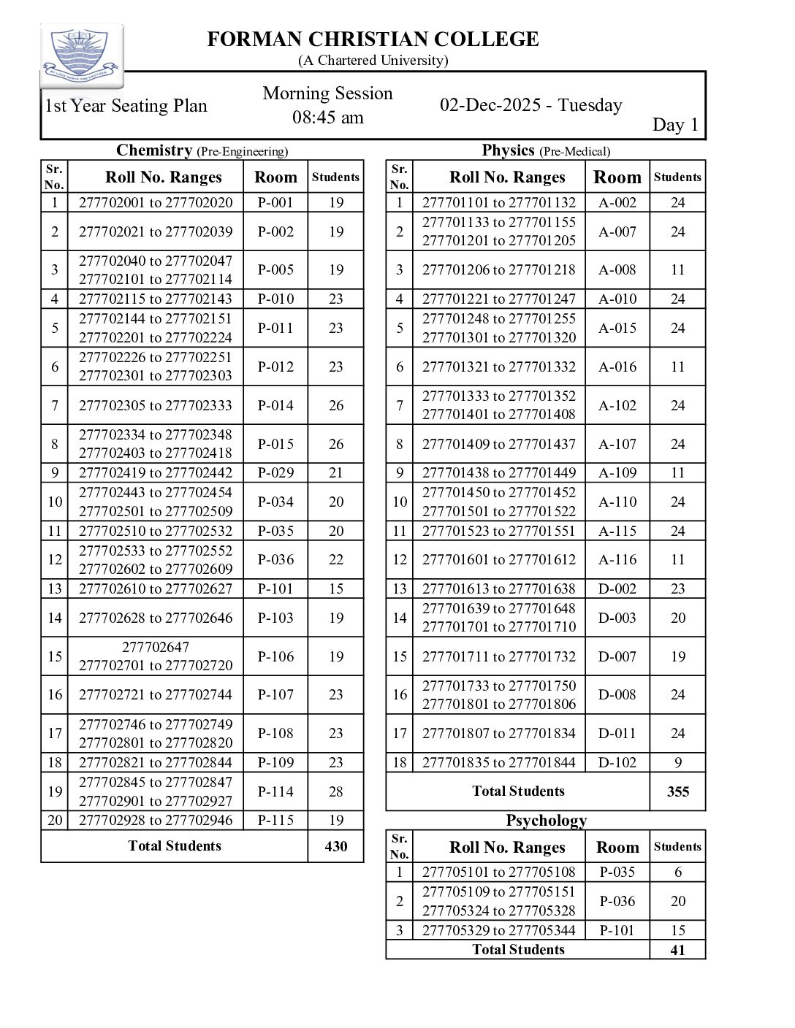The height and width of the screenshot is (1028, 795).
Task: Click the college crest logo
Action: pos(81,55)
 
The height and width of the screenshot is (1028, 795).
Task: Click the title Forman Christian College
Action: pos(373,39)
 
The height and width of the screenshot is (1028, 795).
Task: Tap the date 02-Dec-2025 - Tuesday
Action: pos(530,105)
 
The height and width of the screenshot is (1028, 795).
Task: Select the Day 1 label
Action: pos(675,125)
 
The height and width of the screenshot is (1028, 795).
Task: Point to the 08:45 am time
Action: pos(328,118)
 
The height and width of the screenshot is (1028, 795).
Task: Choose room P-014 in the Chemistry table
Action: pos(275,405)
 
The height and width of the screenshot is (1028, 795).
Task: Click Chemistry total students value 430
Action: pos(335,846)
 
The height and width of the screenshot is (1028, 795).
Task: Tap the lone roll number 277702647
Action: pos(156,647)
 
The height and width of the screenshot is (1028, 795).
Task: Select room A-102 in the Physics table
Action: pos(617,405)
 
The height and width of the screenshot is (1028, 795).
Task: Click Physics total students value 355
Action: pos(677,791)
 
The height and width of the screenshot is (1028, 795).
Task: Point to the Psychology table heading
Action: pos(546,821)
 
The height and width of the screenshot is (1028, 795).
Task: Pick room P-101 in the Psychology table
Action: pos(617,930)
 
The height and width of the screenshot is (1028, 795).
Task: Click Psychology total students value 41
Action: pos(677,950)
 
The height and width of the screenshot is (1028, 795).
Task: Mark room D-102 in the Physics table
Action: pos(617,762)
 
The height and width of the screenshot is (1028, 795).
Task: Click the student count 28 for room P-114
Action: pos(335,791)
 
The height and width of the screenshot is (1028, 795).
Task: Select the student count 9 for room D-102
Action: pos(677,762)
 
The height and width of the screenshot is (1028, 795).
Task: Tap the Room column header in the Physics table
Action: pos(617,177)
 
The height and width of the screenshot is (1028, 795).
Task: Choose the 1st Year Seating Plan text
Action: pos(126,106)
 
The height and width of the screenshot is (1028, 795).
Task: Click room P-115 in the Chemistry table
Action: pos(275,820)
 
